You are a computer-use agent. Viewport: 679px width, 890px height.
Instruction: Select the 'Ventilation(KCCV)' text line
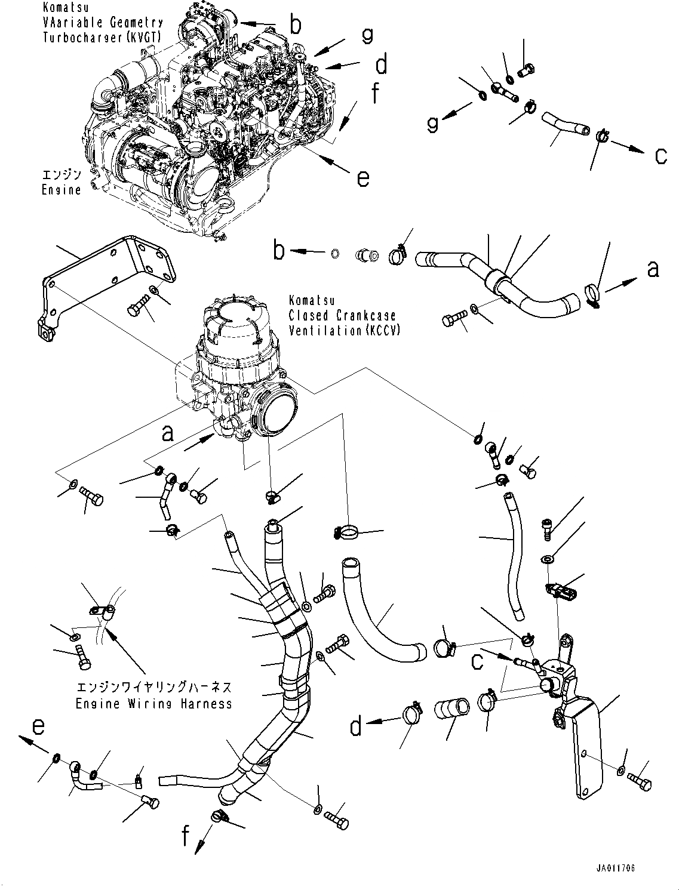tap(344, 330)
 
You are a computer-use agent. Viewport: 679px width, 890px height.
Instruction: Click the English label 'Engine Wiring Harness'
tap(153, 704)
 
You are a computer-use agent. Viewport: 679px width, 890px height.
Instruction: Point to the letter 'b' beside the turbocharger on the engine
tap(296, 24)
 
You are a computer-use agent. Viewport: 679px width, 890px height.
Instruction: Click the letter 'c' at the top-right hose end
tap(660, 155)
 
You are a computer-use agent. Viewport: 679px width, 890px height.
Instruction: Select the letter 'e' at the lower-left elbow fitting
tap(38, 726)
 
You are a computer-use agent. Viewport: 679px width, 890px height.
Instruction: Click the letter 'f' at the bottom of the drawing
tap(186, 837)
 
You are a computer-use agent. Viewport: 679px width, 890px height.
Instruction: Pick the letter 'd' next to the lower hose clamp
tap(356, 727)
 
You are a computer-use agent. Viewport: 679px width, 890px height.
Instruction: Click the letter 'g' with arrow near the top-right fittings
tap(432, 124)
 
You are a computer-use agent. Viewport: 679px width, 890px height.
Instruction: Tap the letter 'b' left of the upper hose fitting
tap(279, 251)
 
